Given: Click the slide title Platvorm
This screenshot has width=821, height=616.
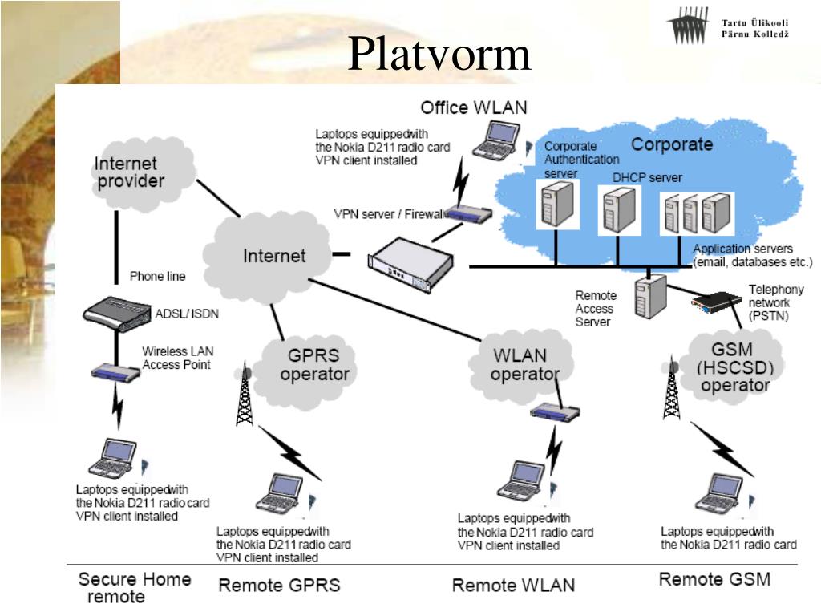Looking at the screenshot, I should (x=439, y=55).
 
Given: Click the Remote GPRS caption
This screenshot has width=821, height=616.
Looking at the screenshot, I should (x=279, y=585).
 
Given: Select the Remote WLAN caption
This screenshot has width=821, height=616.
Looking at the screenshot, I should (x=513, y=585).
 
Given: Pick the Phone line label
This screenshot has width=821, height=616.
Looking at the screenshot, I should (x=157, y=276).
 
